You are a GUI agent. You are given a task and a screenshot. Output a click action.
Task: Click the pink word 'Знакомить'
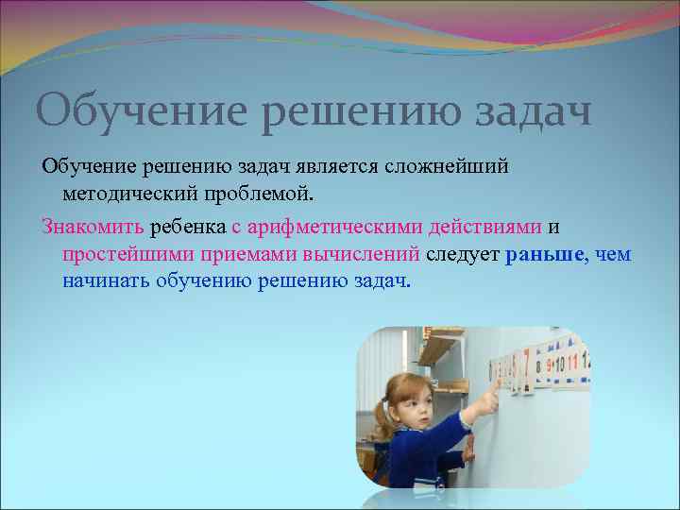tap(93, 227)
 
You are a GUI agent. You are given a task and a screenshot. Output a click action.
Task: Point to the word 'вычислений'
tap(362, 254)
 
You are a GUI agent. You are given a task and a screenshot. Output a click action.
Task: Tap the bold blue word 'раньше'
tap(546, 254)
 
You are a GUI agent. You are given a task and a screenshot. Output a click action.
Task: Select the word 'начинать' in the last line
tap(106, 281)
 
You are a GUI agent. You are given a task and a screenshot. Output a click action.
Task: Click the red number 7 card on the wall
tap(526, 363)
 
